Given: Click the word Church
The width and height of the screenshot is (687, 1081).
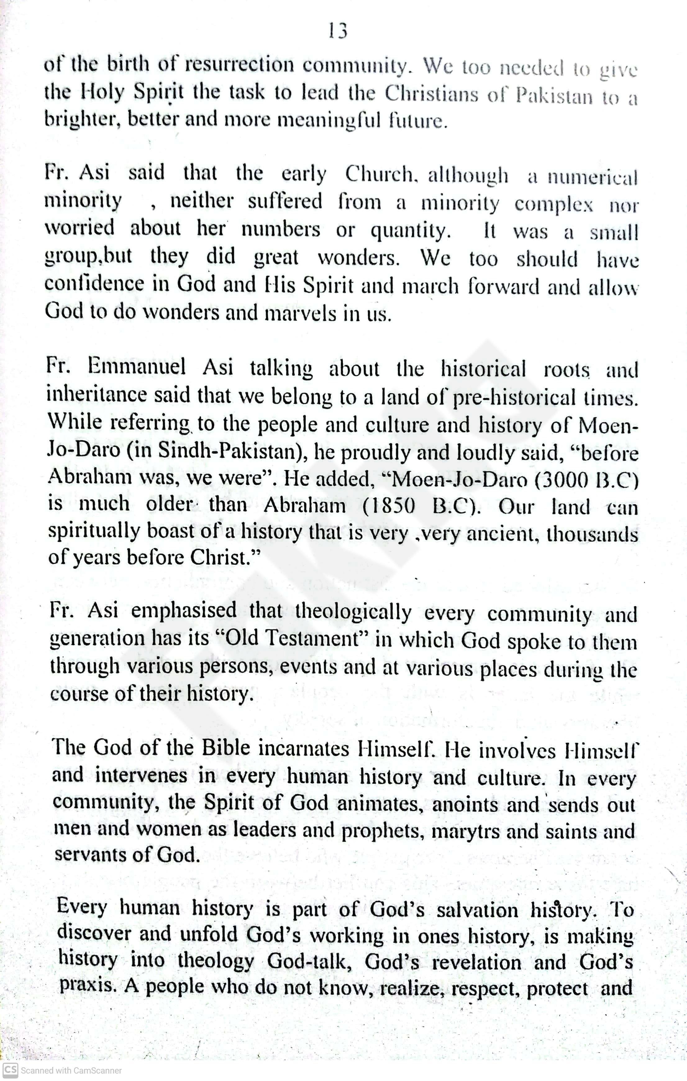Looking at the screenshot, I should pyautogui.click(x=383, y=174).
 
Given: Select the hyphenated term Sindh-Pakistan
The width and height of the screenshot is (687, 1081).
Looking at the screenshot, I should pyautogui.click(x=230, y=451).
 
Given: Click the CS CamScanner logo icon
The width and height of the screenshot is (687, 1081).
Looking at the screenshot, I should pyautogui.click(x=10, y=1070).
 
